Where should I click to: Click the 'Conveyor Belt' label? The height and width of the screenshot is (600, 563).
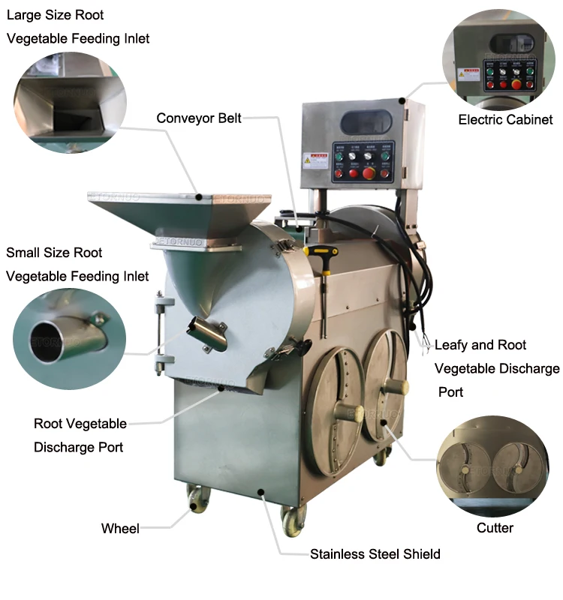click(199, 118)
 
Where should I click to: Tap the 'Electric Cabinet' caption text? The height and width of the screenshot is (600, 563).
click(505, 119)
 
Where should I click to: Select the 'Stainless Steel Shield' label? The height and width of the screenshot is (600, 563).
click(375, 554)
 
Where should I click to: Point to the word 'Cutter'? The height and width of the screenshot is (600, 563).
click(495, 528)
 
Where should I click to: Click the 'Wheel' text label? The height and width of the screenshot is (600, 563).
click(120, 529)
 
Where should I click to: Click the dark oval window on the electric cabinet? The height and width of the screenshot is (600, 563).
click(366, 123)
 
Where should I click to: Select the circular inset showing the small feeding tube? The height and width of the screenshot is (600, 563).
click(70, 338)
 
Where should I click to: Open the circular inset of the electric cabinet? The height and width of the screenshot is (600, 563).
click(498, 59)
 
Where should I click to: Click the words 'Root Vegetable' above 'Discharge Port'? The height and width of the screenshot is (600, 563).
click(80, 424)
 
